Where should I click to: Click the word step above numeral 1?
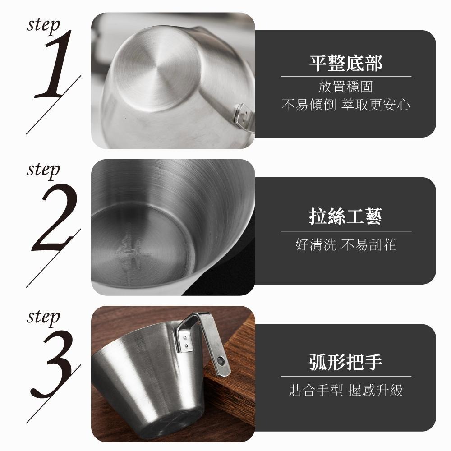(x=43, y=25)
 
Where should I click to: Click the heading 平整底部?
(x=346, y=64)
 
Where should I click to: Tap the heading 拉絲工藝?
(x=346, y=217)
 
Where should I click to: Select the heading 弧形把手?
(x=346, y=362)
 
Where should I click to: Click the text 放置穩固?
(x=346, y=87)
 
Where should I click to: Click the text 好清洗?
(x=316, y=245)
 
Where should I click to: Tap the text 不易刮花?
(x=369, y=245)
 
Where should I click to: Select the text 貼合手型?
(x=316, y=390)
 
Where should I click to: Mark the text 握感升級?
(x=376, y=390)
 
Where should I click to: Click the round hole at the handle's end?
(x=221, y=360)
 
